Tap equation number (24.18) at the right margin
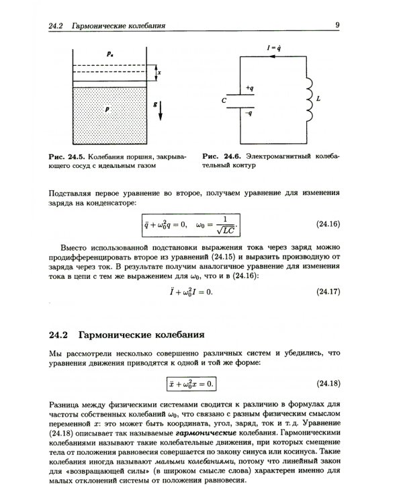click(x=328, y=384)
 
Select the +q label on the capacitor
click(x=249, y=88)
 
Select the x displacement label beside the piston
click(x=158, y=71)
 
